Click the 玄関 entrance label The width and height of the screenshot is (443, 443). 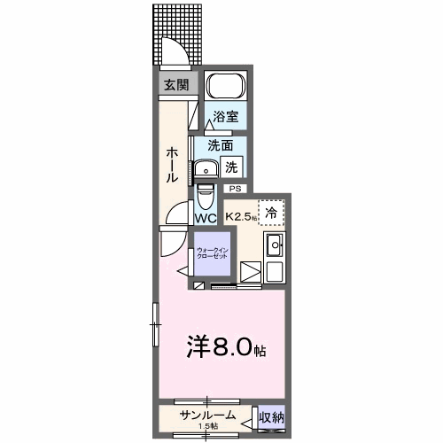point(175,85)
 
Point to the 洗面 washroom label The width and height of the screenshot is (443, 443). point(221,145)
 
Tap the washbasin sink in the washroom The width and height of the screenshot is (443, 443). point(209,168)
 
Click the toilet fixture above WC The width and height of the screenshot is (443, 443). point(205,192)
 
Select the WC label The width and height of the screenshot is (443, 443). point(206,218)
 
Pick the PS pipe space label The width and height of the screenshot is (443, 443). point(235,189)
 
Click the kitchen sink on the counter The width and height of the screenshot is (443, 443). point(275,245)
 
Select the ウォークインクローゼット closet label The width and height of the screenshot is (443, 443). point(213,254)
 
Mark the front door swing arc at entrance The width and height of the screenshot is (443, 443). point(175,55)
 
